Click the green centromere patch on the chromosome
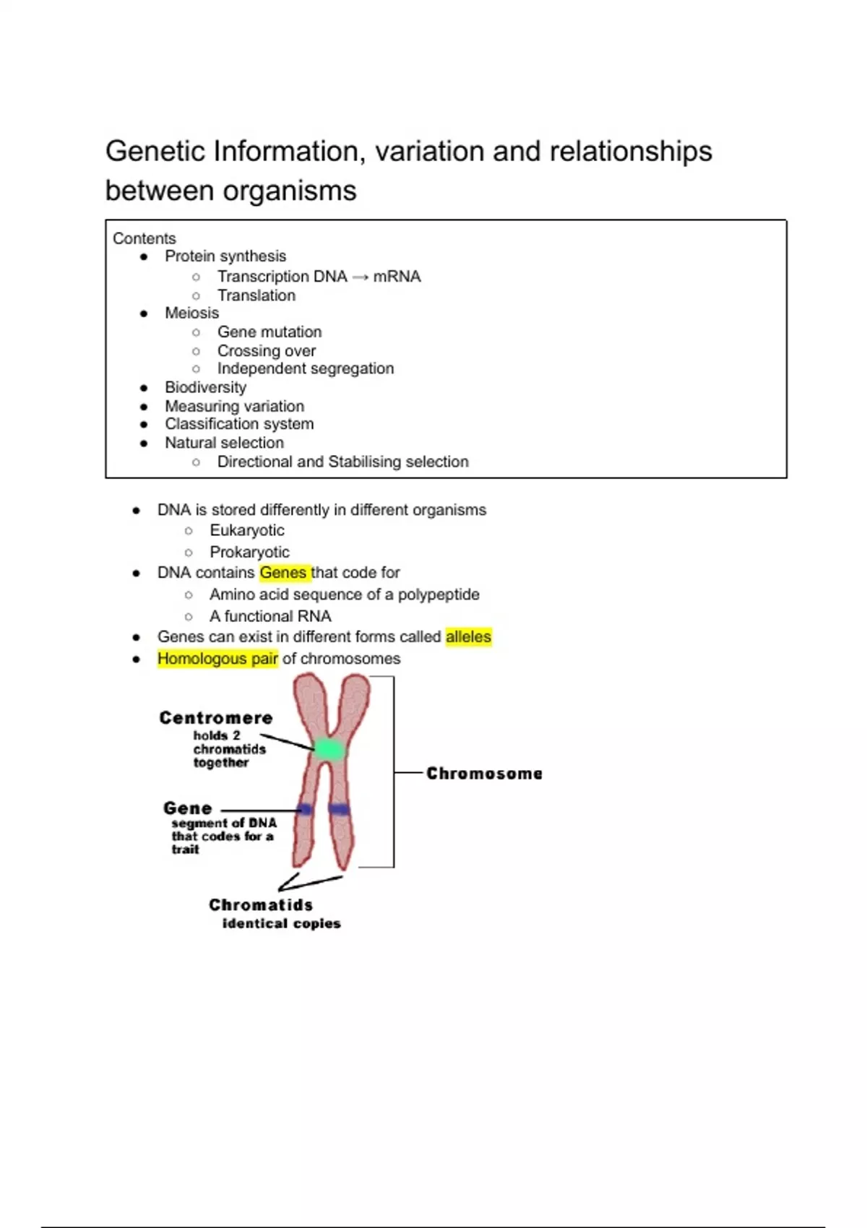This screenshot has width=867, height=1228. coord(329,749)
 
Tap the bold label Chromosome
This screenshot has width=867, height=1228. coord(484,774)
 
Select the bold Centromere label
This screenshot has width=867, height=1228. coord(215,717)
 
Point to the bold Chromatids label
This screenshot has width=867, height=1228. coord(261,904)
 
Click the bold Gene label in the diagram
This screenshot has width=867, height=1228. coord(188,808)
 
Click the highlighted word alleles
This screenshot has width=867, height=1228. coord(468,636)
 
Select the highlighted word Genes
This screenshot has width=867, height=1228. coord(283,573)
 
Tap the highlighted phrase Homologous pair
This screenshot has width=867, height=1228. coord(217,658)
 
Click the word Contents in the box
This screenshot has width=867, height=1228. coord(144,238)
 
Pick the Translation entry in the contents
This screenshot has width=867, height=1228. coord(256,295)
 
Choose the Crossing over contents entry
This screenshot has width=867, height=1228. coord(267,351)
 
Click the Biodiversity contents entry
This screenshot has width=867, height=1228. coord(206,388)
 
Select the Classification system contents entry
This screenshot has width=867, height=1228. coord(239,424)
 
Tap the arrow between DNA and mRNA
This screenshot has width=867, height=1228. coord(361,277)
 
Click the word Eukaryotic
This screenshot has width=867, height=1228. coord(247,530)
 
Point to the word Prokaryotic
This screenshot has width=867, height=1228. coord(249,552)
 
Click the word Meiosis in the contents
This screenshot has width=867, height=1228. coord(192,313)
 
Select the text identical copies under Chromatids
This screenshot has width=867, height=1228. coord(281,924)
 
